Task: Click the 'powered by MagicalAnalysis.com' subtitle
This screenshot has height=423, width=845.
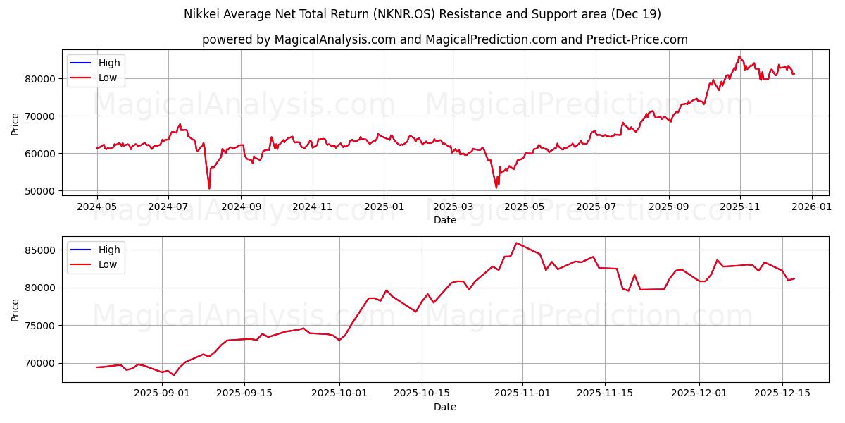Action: coord(444,39)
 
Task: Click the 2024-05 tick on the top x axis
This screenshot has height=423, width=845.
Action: coord(96,207)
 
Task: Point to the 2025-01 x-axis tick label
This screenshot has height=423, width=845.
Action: coord(384,207)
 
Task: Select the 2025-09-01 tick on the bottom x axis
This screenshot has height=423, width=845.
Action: coord(162,393)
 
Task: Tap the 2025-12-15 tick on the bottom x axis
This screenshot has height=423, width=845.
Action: coord(782,393)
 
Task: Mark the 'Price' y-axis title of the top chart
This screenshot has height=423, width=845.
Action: coord(15,123)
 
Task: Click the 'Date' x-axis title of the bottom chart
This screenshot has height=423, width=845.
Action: coord(444,407)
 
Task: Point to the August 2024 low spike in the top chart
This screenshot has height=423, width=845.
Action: coord(209,188)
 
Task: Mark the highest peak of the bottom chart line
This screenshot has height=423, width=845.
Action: coord(516,243)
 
